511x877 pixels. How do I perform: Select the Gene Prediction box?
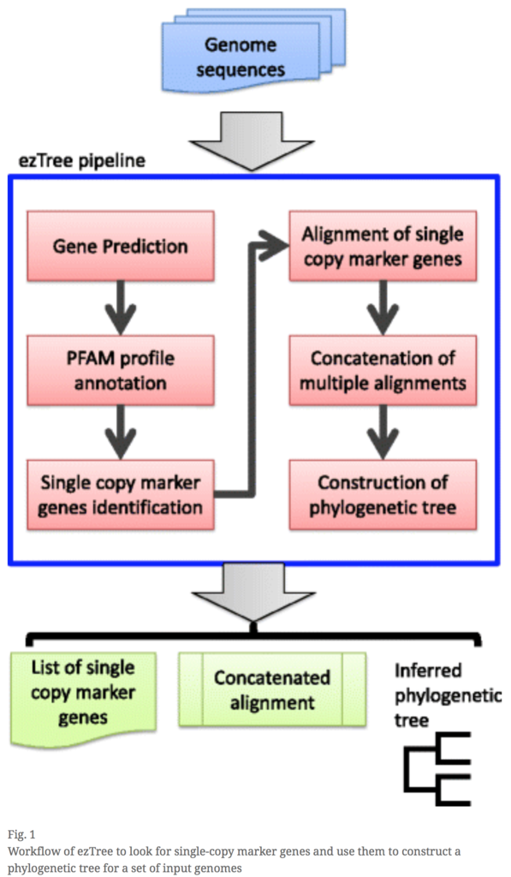tap(121, 246)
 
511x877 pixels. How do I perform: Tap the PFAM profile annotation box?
tap(121, 370)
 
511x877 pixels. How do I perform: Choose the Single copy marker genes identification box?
tap(121, 495)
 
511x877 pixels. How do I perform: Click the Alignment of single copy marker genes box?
tap(383, 246)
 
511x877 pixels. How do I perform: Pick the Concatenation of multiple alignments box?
tap(383, 370)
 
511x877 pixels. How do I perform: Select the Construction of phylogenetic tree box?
tap(383, 495)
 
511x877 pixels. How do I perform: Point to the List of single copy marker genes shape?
tap(83, 696)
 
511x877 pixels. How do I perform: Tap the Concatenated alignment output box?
tap(272, 689)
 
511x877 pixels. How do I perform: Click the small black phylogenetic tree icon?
tap(437, 769)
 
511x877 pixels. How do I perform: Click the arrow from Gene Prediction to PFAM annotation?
tap(121, 307)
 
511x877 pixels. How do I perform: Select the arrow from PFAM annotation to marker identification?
tap(121, 433)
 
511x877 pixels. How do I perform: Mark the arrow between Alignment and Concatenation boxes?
tap(383, 307)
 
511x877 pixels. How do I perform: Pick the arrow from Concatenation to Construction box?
tap(383, 433)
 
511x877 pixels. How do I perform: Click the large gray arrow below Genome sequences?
tap(252, 141)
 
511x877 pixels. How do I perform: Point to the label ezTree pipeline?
tap(82, 161)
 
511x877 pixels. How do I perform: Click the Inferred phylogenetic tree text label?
tap(448, 695)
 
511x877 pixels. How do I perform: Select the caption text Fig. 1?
tap(21, 834)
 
